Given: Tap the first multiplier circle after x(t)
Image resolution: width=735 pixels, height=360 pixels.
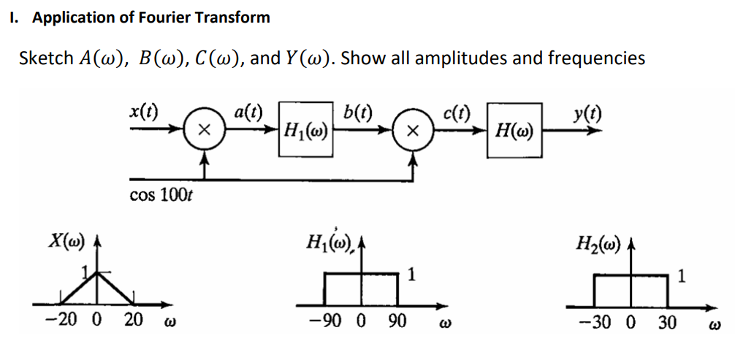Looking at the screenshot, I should pos(205,131).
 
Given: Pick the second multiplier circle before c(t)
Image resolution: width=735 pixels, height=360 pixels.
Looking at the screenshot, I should pos(412,131).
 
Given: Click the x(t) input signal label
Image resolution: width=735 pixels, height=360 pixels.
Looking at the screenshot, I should pos(144,111).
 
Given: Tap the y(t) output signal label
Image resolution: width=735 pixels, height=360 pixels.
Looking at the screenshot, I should pos(582,112).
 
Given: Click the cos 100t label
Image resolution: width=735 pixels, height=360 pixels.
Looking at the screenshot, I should pos(161,195).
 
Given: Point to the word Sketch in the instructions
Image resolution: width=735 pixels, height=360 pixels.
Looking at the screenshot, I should pos(45,58).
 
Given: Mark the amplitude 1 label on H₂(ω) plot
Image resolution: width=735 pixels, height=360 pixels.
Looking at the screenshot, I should pos(682,275).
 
